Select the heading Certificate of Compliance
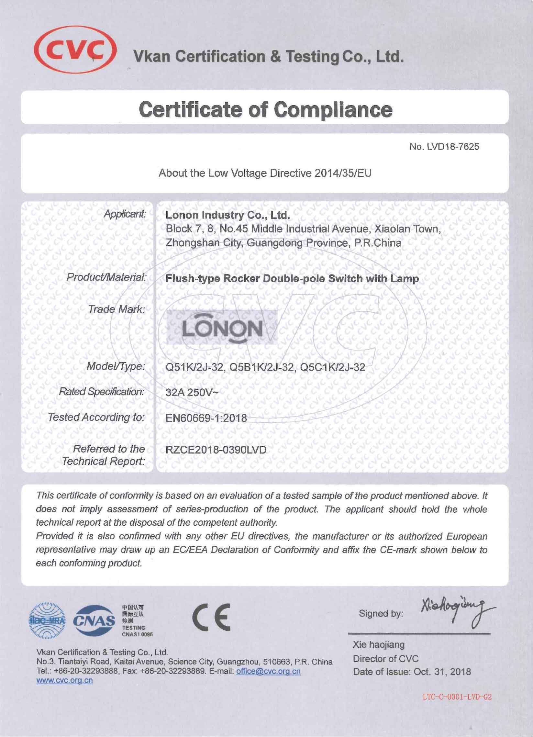coord(265,109)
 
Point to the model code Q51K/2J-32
coord(195,367)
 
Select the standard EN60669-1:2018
coord(206,418)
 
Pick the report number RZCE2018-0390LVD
coord(216,450)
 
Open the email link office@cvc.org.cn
coord(268,671)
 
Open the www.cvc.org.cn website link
coord(65,680)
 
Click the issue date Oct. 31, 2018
coord(442,672)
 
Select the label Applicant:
coord(125,214)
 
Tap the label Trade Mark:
coord(117,309)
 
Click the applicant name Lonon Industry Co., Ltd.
coord(228,215)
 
